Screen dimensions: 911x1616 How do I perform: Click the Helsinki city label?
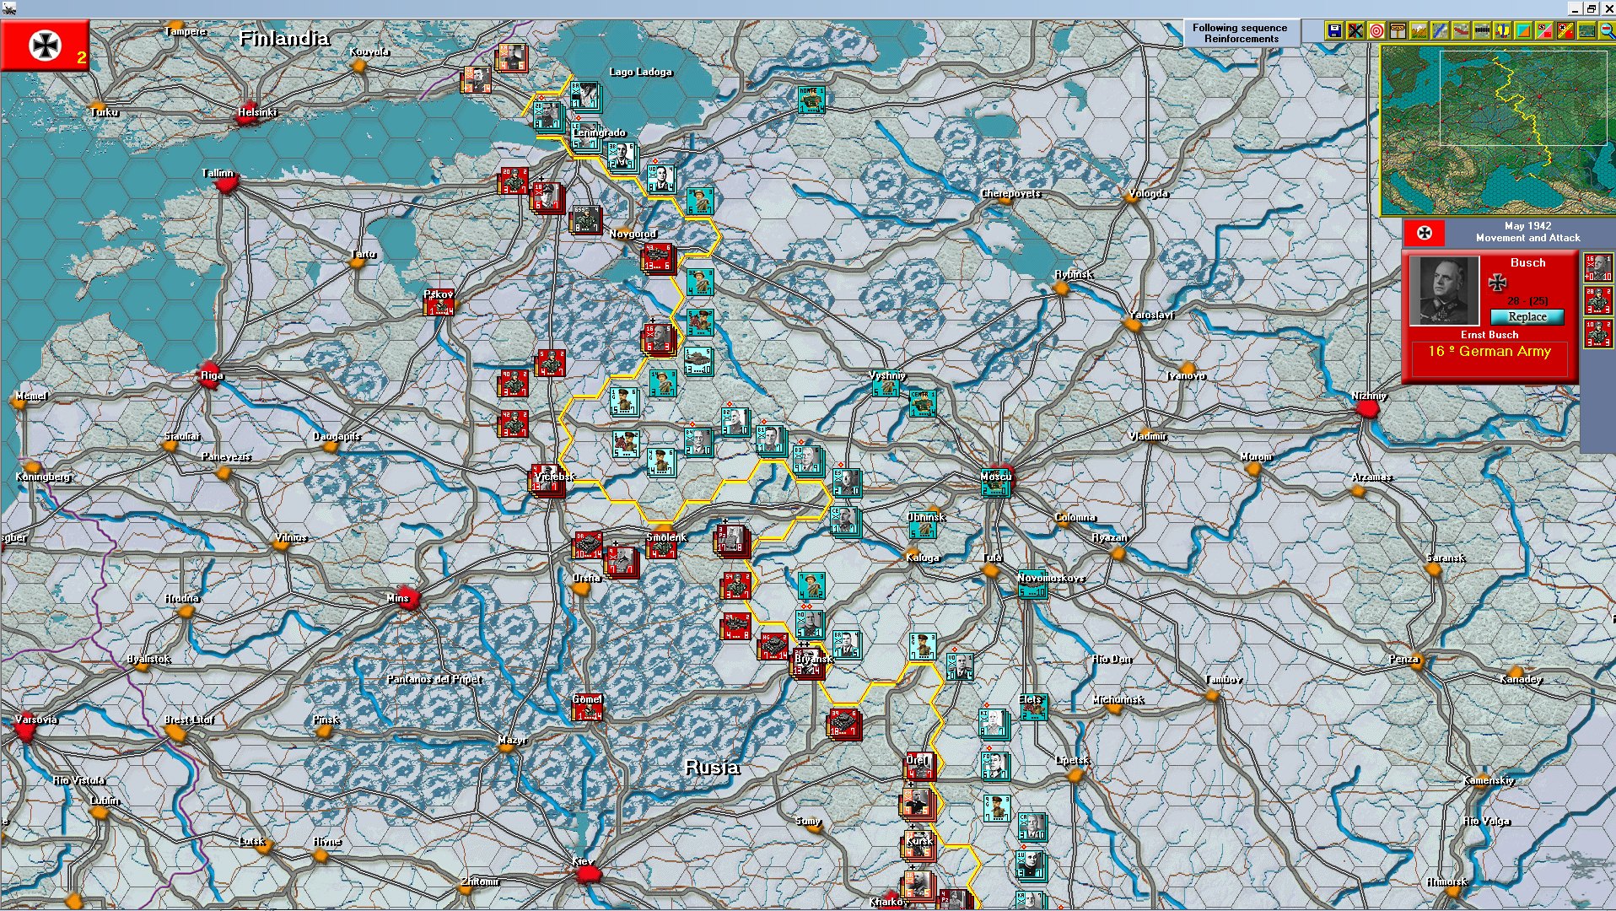click(x=256, y=112)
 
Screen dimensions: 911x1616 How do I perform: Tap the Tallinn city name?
click(x=218, y=173)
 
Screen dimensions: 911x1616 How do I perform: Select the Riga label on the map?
click(x=212, y=375)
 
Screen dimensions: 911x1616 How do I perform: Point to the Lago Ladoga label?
click(x=640, y=72)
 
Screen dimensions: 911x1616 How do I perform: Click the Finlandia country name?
click(x=283, y=38)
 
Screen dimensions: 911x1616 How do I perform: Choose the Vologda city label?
click(x=1148, y=193)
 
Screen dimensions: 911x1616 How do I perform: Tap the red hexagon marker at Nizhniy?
click(x=1367, y=409)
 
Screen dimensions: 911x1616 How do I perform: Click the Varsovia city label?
click(x=36, y=720)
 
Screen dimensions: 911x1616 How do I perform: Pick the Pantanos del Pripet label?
click(x=434, y=679)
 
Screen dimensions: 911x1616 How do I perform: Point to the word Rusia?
click(x=712, y=767)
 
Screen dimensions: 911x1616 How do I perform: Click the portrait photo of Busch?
click(x=1444, y=291)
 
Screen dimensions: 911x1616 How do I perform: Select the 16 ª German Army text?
click(x=1489, y=352)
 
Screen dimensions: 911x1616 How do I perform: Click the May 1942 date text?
click(x=1527, y=226)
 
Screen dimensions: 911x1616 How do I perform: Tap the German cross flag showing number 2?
click(x=45, y=46)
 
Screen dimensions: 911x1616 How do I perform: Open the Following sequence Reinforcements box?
click(x=1240, y=33)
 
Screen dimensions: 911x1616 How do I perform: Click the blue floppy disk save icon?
click(x=1333, y=31)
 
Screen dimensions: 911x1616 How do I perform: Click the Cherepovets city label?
click(x=1010, y=193)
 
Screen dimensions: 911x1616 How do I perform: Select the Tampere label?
click(x=186, y=31)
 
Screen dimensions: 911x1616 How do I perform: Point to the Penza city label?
click(x=1403, y=659)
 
